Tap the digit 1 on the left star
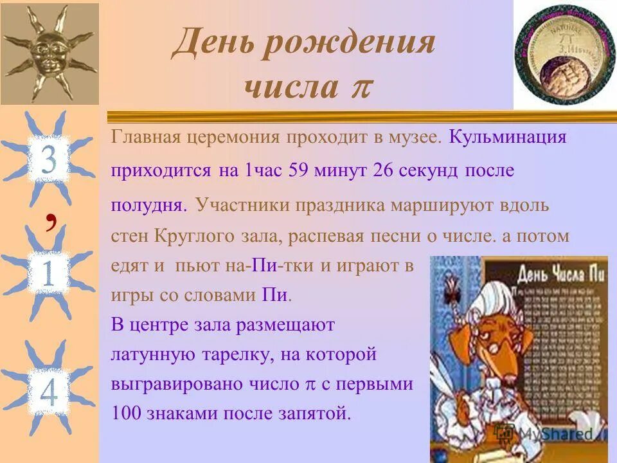pos(46,273)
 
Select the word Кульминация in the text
pos(507,137)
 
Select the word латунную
pos(151,354)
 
